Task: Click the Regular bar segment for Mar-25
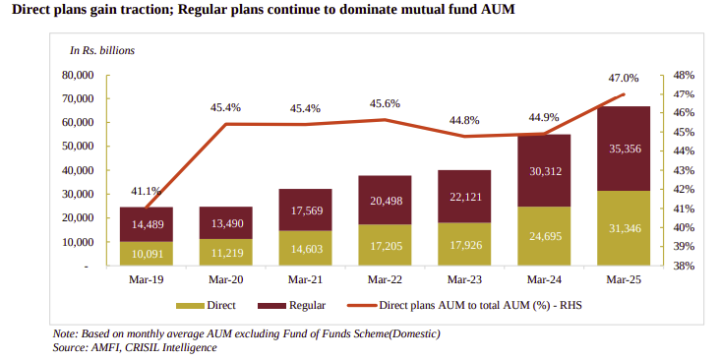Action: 624,149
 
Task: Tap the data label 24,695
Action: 544,236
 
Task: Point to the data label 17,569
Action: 305,210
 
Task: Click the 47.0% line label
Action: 624,78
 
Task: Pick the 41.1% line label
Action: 146,191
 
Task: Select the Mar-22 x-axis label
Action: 385,279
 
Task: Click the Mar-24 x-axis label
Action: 544,279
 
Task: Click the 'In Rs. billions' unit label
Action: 101,49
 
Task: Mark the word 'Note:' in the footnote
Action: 66,333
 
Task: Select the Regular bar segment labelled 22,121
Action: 464,197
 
